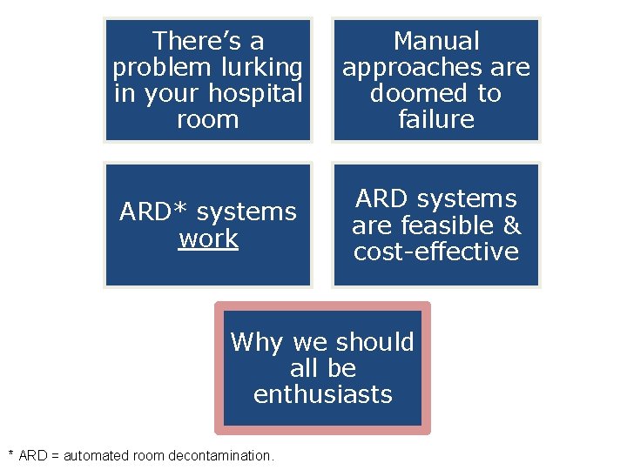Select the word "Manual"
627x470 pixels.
point(436,41)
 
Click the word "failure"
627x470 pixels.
point(436,119)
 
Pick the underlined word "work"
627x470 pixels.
point(208,238)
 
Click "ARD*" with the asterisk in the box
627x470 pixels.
point(148,212)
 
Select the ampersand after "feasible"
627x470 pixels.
point(512,226)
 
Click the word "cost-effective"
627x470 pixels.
point(436,252)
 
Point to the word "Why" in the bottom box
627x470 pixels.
point(258,342)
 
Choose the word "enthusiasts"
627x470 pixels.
point(323,394)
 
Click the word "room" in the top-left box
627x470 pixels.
point(207,119)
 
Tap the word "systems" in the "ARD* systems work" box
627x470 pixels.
point(246,212)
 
